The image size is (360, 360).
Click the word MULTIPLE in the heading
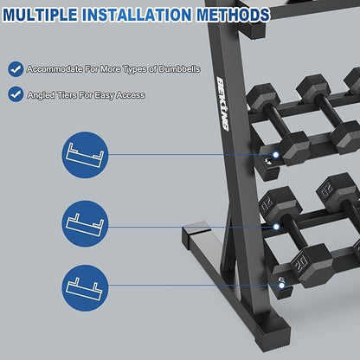(41, 15)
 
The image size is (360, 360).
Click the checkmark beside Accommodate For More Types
(16, 69)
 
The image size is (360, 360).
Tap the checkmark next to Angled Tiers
(16, 94)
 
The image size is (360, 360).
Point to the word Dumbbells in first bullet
(179, 69)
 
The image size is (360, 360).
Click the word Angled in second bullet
(41, 95)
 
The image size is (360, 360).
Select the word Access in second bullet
(131, 95)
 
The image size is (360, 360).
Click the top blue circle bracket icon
(85, 155)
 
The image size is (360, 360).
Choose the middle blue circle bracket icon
(85, 224)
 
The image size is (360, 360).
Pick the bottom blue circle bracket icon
(85, 288)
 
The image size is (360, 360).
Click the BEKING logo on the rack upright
(222, 104)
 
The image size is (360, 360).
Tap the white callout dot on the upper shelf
(276, 155)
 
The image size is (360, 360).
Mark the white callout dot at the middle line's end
(276, 227)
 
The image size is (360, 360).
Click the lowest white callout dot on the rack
(282, 286)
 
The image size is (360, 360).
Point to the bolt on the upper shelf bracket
(268, 161)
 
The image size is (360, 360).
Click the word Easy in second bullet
(105, 95)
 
